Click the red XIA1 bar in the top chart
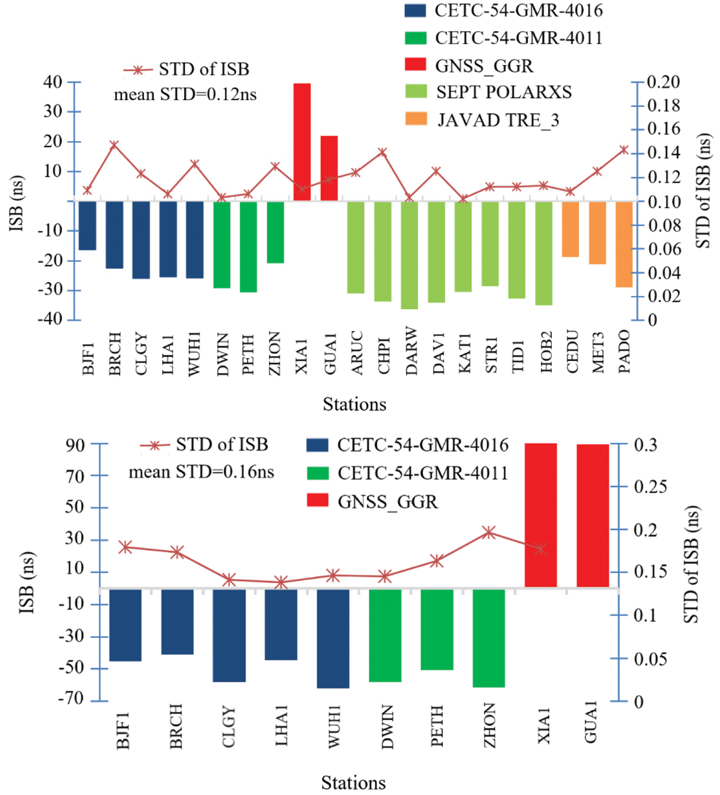pyautogui.click(x=302, y=142)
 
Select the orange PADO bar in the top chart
pyautogui.click(x=624, y=244)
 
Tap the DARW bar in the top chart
pyautogui.click(x=410, y=255)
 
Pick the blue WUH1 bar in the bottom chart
pyautogui.click(x=333, y=638)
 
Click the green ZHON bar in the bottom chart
pyautogui.click(x=488, y=637)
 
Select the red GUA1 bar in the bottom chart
pyautogui.click(x=593, y=515)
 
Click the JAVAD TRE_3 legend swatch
pyautogui.click(x=416, y=119)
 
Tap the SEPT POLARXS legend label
pyautogui.click(x=503, y=92)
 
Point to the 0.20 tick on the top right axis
pyautogui.click(x=663, y=82)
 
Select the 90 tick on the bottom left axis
pyautogui.click(x=75, y=445)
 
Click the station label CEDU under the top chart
pyautogui.click(x=571, y=351)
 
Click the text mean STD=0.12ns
pyautogui.click(x=185, y=94)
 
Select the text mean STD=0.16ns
pyautogui.click(x=201, y=473)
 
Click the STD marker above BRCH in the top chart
pyautogui.click(x=114, y=144)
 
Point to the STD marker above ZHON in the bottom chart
pyautogui.click(x=489, y=532)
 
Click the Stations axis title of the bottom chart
pyautogui.click(x=353, y=783)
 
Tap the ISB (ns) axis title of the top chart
pyautogui.click(x=17, y=203)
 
